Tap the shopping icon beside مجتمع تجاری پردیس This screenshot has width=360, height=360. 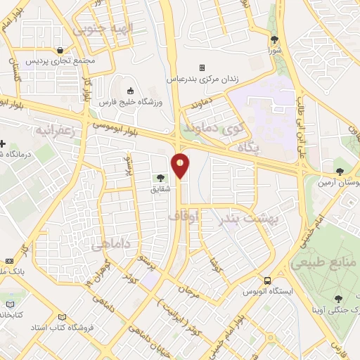(x=64, y=50)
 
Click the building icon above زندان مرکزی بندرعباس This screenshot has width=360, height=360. (x=202, y=68)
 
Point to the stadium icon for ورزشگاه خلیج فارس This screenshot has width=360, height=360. (x=129, y=91)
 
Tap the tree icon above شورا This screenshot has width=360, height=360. (x=274, y=40)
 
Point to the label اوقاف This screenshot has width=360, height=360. (x=181, y=219)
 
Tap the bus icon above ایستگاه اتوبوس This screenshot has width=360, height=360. (x=266, y=280)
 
